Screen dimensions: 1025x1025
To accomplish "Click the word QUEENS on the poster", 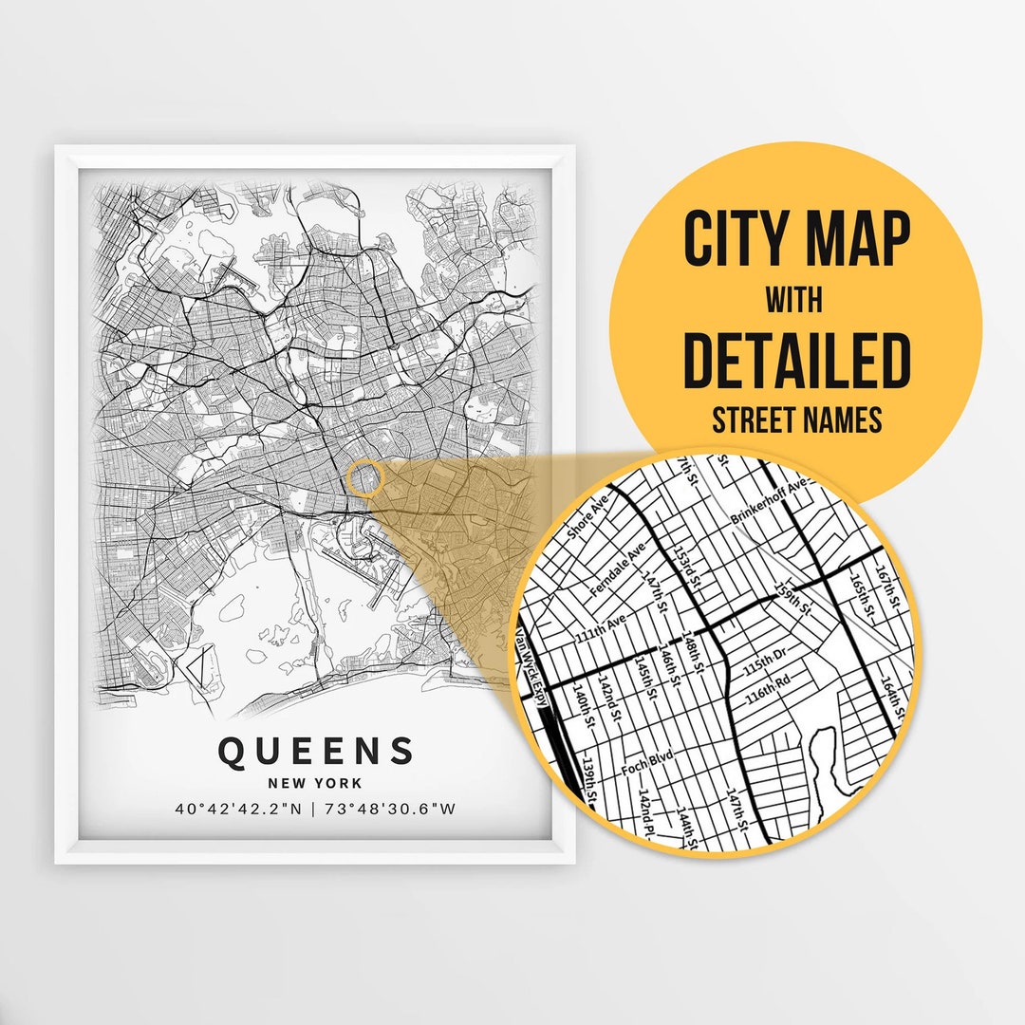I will (x=316, y=751).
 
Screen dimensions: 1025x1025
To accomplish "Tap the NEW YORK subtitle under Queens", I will (x=316, y=783).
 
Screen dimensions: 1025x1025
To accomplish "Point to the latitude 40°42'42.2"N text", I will (x=238, y=810).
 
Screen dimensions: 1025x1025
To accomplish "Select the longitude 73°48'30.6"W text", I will (x=390, y=810).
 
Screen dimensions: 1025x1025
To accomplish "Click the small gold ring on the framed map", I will (x=363, y=478).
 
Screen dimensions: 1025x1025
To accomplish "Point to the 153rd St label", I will (x=685, y=566).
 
